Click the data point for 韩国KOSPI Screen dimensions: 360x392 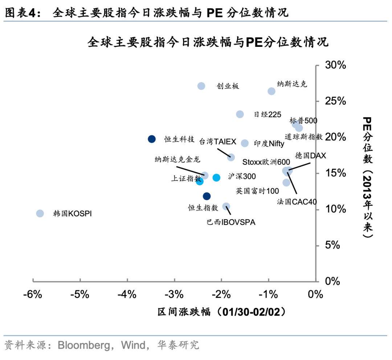click(x=40, y=213)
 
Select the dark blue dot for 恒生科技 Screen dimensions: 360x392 click(x=152, y=139)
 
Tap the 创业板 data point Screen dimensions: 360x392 click(x=201, y=86)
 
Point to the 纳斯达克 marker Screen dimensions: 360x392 click(x=271, y=91)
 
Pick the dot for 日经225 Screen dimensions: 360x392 click(x=240, y=114)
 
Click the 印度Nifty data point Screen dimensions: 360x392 click(x=245, y=143)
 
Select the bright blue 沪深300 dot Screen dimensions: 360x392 click(x=216, y=177)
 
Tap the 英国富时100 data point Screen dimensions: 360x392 click(x=286, y=183)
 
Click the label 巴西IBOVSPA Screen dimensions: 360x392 click(x=231, y=222)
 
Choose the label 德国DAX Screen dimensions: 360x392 click(x=310, y=156)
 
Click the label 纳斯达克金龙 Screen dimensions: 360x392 click(x=177, y=159)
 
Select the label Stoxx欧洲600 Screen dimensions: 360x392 click(x=266, y=162)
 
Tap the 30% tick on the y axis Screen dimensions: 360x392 click(x=336, y=65)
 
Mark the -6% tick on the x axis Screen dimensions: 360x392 click(x=33, y=294)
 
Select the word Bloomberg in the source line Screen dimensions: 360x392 click(x=84, y=344)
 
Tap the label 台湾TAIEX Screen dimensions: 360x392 click(x=218, y=142)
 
